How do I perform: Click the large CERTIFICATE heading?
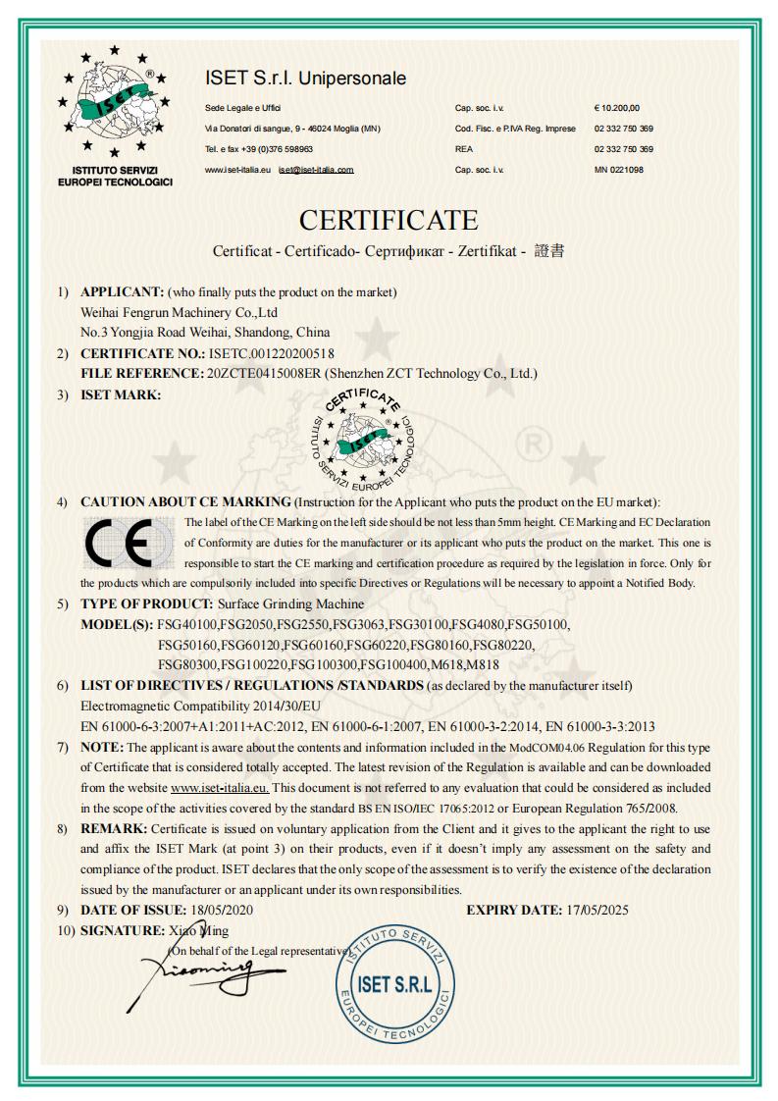[389, 219]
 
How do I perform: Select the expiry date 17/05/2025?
[597, 910]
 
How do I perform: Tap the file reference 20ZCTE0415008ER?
[263, 373]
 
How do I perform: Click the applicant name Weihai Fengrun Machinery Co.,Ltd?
[178, 312]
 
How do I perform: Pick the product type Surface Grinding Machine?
[290, 603]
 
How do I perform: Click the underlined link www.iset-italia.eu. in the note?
[220, 788]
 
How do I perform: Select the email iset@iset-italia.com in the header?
[315, 170]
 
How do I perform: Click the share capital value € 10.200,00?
[616, 107]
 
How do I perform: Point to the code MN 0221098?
[618, 170]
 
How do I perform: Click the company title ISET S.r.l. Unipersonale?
[305, 78]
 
